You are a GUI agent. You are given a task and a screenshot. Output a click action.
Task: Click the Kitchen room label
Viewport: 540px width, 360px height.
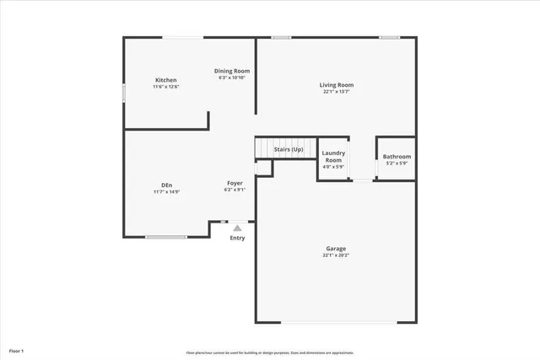click(165, 79)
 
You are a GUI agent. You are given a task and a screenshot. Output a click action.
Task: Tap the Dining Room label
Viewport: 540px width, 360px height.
click(231, 71)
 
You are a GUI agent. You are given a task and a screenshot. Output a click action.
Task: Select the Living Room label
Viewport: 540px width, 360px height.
click(336, 84)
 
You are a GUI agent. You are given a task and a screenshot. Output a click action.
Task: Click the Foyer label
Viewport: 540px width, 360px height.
click(235, 183)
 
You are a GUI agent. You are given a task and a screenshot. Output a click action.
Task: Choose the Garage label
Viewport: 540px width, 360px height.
click(336, 248)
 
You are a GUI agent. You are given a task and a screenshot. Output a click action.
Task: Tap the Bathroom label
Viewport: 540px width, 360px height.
click(397, 157)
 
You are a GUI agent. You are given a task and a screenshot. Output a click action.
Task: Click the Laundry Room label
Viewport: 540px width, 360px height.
click(333, 156)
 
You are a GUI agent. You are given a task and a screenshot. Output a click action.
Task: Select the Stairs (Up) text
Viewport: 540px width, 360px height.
click(289, 149)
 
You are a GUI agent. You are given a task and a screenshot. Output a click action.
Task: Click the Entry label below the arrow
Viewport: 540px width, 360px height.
click(238, 238)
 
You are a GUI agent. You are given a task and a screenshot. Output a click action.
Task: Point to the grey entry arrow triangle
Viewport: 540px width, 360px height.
click(238, 227)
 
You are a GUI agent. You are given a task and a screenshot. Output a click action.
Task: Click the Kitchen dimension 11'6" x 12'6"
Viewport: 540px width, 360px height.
click(166, 87)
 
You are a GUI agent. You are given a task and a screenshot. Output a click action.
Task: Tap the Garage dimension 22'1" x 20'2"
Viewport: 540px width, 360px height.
click(336, 255)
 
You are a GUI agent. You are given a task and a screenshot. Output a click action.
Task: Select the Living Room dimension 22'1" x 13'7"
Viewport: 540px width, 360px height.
click(336, 92)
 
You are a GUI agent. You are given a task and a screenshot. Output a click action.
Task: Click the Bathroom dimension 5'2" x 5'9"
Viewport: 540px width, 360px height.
click(397, 164)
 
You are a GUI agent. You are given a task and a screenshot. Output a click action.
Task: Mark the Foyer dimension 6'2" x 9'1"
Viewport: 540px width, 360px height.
click(235, 190)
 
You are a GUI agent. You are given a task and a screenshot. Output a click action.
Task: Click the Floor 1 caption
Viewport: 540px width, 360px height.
click(17, 350)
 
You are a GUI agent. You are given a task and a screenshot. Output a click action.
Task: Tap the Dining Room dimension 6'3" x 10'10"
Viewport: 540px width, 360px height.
click(231, 78)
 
